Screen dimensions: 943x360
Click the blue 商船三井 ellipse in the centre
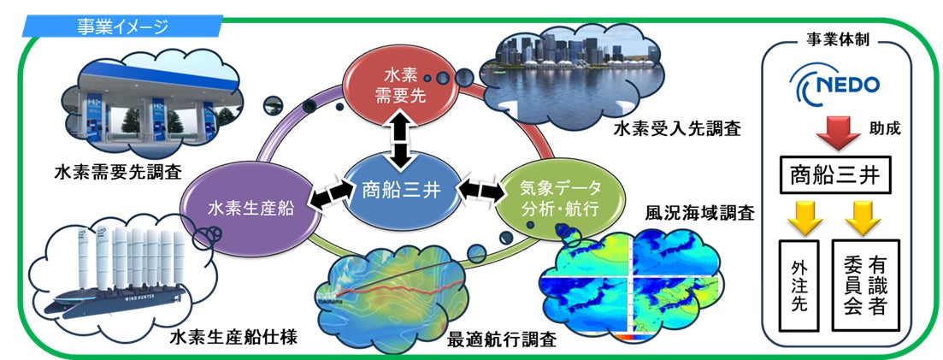click(400, 190)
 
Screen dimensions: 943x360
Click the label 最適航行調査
click(503, 339)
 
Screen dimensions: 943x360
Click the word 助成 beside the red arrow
click(887, 132)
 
